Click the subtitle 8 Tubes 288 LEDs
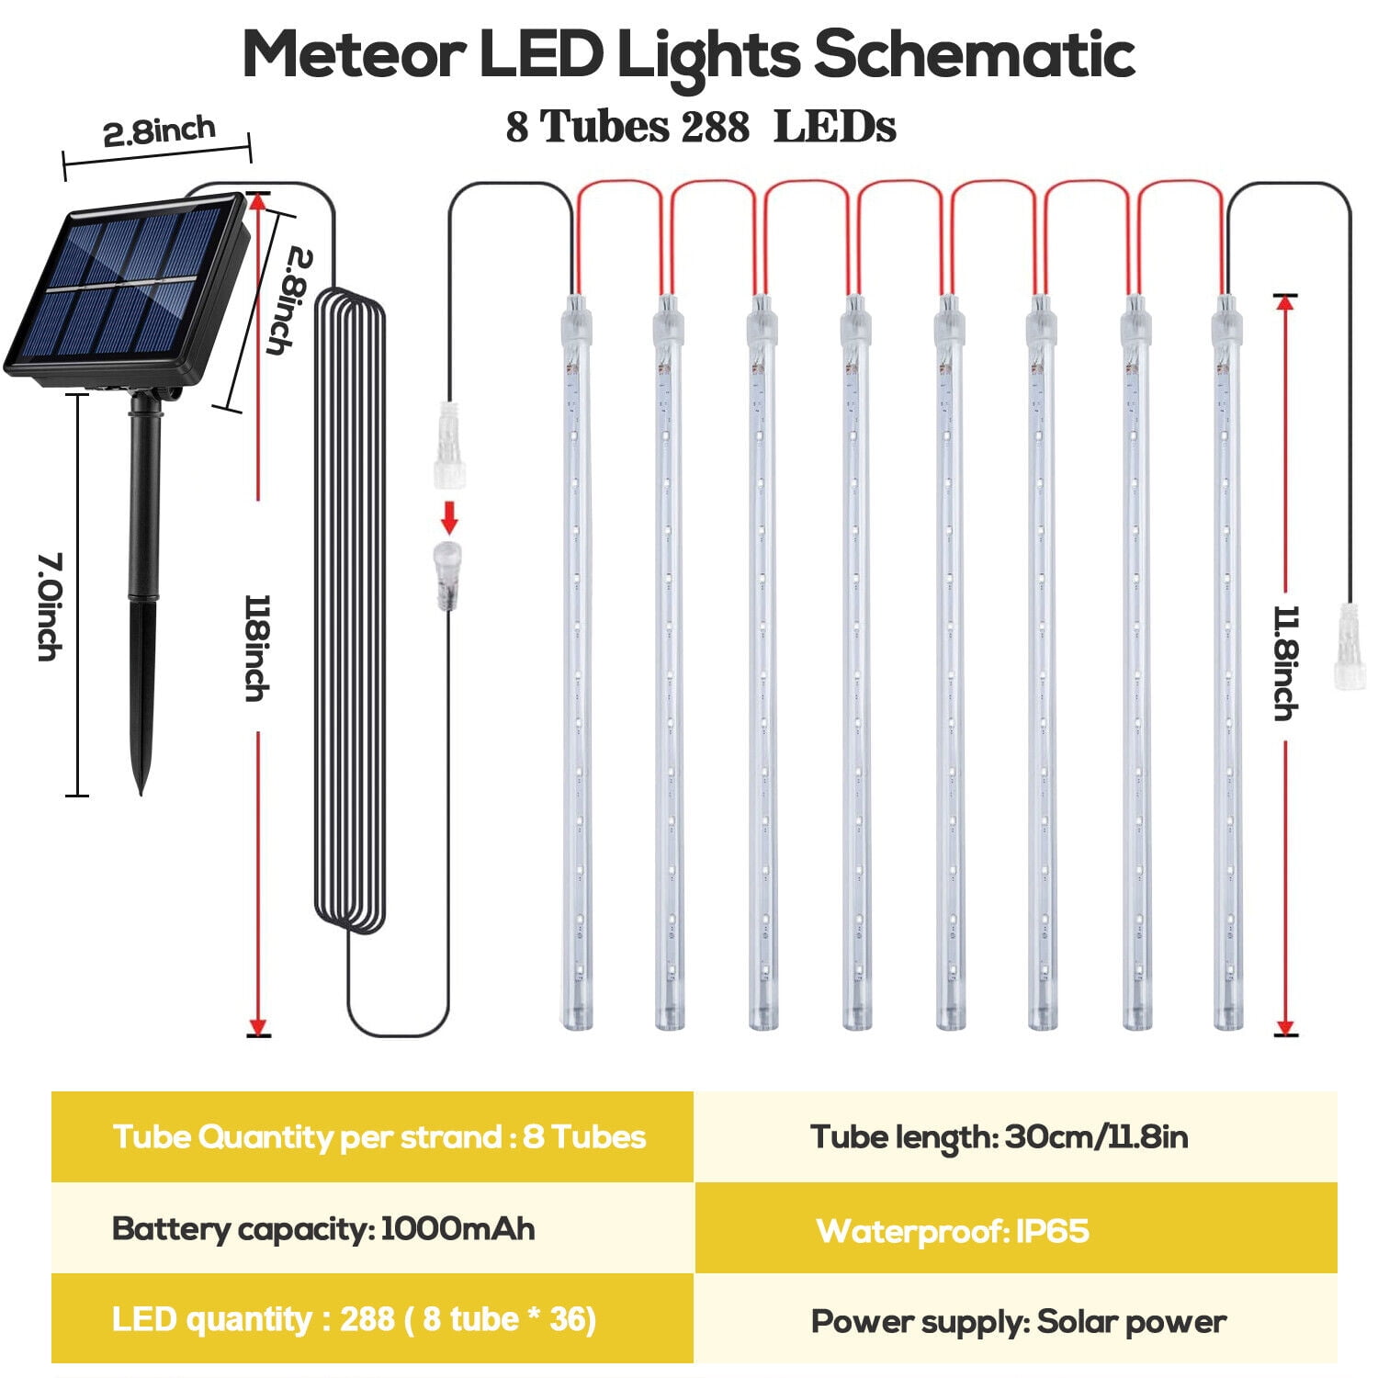click(x=700, y=127)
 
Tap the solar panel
click(x=124, y=289)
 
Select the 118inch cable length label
click(x=258, y=648)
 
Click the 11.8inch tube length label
click(x=1286, y=661)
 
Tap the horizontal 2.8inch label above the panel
click(x=159, y=132)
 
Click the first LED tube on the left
click(x=576, y=661)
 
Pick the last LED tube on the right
click(x=1226, y=661)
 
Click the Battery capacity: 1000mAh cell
click(x=372, y=1228)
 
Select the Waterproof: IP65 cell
click(x=1015, y=1229)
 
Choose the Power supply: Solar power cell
click(x=1015, y=1321)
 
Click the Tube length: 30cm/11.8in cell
click(x=1015, y=1137)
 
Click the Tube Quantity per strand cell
click(x=372, y=1137)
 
